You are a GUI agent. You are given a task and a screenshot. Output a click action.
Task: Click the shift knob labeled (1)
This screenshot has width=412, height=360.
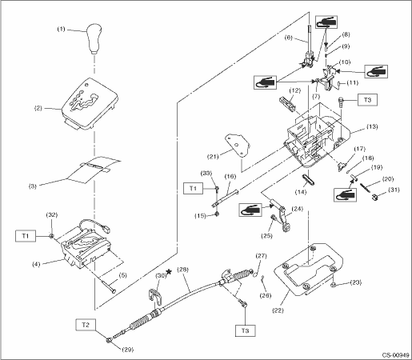94,38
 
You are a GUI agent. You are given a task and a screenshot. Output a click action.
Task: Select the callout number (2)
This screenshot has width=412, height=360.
38,108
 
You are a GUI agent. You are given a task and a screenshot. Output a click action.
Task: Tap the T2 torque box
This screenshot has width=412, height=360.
86,325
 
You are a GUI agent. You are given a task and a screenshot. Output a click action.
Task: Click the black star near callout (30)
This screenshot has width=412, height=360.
169,272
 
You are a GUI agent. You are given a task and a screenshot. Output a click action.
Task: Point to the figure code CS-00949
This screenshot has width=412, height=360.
395,355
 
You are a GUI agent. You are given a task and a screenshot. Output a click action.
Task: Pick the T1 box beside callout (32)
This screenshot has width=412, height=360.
26,236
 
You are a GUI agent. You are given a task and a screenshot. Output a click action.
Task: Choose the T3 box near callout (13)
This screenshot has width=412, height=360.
367,100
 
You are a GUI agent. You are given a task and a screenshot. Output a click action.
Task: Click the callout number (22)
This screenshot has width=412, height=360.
278,310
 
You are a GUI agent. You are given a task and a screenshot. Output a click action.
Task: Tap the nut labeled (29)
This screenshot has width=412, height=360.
109,340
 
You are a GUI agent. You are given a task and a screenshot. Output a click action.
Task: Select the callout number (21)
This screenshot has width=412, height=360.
213,156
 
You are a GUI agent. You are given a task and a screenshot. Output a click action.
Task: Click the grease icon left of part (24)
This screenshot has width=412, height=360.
250,210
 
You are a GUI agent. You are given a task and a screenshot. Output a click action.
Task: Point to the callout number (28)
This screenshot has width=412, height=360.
182,270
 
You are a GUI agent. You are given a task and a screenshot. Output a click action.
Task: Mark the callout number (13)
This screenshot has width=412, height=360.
372,126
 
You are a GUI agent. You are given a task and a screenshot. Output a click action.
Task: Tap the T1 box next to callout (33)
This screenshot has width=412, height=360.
193,188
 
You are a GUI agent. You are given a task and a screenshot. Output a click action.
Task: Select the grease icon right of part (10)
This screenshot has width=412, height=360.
376,71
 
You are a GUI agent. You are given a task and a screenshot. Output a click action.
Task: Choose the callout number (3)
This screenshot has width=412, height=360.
33,186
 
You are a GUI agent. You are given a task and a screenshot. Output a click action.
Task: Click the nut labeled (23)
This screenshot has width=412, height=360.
333,286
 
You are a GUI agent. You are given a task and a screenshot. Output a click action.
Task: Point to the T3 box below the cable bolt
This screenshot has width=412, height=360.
245,330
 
